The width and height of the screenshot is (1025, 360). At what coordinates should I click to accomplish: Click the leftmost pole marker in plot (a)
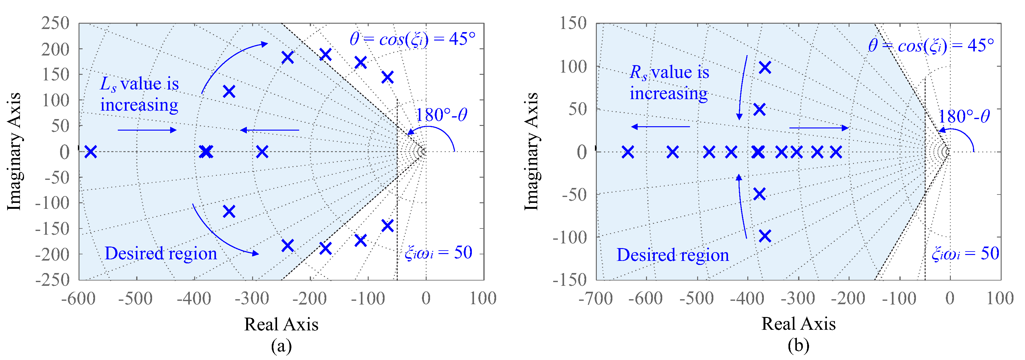click(91, 151)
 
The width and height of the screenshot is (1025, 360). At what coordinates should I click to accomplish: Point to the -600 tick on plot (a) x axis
click(79, 298)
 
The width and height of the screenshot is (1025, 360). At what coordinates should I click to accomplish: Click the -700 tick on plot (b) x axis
click(596, 298)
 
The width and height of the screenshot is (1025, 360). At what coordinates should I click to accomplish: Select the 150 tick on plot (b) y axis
click(573, 23)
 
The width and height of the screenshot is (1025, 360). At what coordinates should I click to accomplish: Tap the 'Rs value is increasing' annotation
click(669, 83)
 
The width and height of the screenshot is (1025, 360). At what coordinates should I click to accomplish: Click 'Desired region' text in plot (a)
click(161, 253)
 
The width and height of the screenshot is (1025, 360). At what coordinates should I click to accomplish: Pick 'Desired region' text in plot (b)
click(673, 255)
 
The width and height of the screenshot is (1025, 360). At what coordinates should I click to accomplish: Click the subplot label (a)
click(281, 346)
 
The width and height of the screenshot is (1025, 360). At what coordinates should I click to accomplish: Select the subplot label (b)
click(799, 346)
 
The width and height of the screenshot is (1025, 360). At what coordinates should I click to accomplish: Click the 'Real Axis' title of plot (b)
click(799, 324)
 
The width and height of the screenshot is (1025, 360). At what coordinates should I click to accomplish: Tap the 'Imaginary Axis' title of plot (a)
click(14, 151)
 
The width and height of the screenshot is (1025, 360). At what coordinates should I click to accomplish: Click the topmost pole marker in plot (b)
click(765, 67)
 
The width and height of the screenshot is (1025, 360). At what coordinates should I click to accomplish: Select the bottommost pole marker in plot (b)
click(765, 236)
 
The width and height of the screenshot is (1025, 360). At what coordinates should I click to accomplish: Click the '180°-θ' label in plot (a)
click(441, 115)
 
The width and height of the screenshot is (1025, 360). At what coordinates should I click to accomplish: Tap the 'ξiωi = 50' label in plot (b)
click(965, 253)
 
